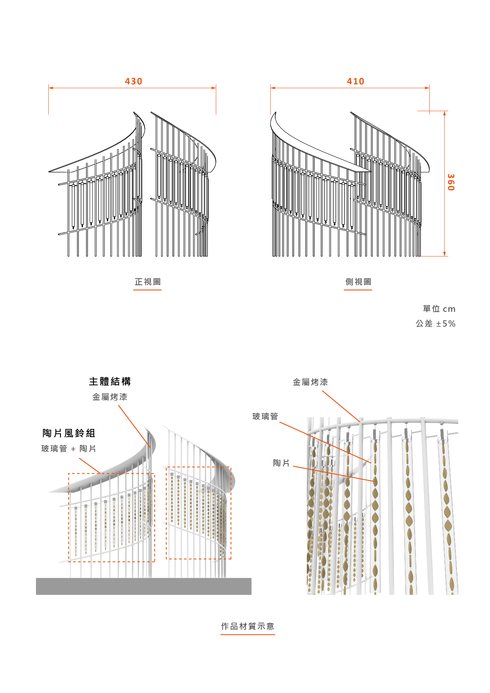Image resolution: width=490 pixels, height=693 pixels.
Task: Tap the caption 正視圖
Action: tap(148, 282)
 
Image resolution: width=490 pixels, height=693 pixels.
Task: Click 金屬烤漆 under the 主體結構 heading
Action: tap(110, 397)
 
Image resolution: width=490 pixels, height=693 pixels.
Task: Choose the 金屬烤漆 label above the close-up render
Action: tap(310, 382)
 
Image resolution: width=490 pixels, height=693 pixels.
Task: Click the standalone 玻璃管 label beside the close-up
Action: tap(265, 417)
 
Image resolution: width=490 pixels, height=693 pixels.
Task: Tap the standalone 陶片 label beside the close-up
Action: tap(281, 463)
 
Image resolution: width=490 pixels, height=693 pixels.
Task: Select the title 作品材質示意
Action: tap(247, 626)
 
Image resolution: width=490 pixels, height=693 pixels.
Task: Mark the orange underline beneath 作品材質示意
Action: tap(247, 635)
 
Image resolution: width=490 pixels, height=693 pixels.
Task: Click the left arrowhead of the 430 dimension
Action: tap(51, 88)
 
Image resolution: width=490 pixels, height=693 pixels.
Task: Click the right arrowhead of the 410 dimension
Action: tap(427, 88)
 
